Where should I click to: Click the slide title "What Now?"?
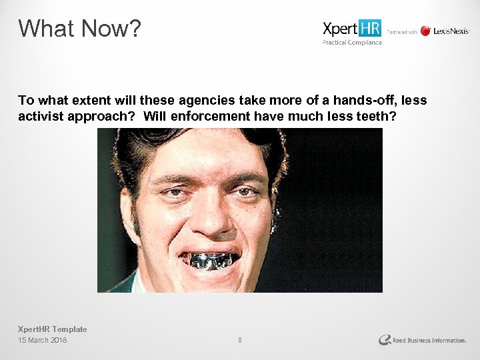coord(79,28)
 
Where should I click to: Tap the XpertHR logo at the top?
coord(352,29)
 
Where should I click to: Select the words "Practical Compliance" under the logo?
coord(352,43)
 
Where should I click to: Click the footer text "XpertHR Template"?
coord(52,329)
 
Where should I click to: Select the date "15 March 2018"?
coord(43,340)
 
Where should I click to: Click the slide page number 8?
coord(240,340)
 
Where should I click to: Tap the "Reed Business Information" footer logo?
coord(423,340)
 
